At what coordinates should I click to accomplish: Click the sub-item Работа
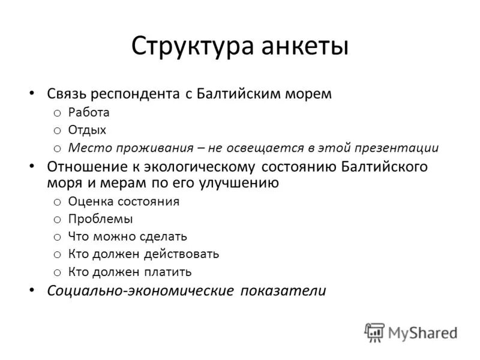click(x=89, y=112)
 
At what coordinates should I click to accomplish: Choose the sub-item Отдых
click(x=87, y=130)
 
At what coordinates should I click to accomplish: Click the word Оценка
click(x=89, y=201)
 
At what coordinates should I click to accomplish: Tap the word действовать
click(x=183, y=254)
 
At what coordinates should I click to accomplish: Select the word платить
click(x=167, y=272)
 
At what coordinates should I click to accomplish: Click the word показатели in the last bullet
click(x=283, y=291)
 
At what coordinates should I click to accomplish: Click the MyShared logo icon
click(x=374, y=332)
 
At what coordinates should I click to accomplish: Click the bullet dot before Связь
click(x=32, y=94)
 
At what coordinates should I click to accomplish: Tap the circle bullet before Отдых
click(x=57, y=130)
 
